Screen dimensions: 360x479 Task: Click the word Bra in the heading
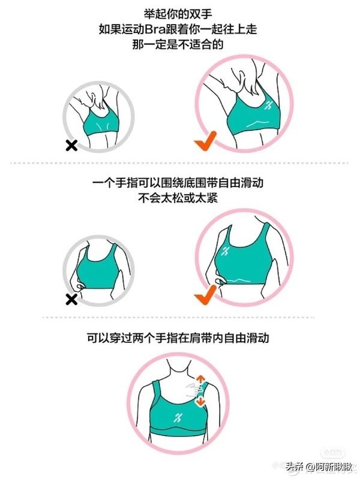click(x=157, y=29)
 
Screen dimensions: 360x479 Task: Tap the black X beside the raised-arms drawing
click(x=71, y=146)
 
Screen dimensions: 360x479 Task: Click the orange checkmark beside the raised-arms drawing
click(x=205, y=141)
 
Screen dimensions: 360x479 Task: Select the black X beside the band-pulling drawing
click(x=71, y=299)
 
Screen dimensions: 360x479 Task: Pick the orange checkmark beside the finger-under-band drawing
click(x=205, y=294)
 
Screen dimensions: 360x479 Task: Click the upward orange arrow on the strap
click(x=200, y=380)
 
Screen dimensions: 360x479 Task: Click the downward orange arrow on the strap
click(x=200, y=401)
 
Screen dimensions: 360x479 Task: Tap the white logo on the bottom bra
click(x=178, y=417)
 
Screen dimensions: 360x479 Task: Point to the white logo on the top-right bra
click(x=269, y=106)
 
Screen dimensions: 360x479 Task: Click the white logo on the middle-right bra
click(x=226, y=251)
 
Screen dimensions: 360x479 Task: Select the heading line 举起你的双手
click(x=178, y=14)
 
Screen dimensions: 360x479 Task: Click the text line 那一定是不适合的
click(x=178, y=45)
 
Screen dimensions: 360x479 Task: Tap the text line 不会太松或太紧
click(x=178, y=198)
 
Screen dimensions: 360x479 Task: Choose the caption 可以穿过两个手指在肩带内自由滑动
click(x=178, y=338)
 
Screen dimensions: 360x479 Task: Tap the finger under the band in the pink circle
click(x=221, y=281)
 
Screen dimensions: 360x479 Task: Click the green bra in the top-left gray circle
click(x=101, y=123)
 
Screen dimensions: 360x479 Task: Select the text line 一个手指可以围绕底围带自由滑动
click(x=178, y=183)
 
